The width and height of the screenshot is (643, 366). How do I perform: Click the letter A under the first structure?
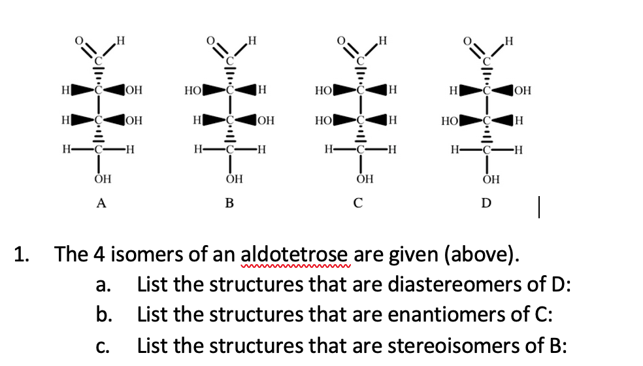tap(101, 203)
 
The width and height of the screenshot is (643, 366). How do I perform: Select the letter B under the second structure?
tap(229, 203)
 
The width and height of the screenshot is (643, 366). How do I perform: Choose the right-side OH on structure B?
tap(266, 121)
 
